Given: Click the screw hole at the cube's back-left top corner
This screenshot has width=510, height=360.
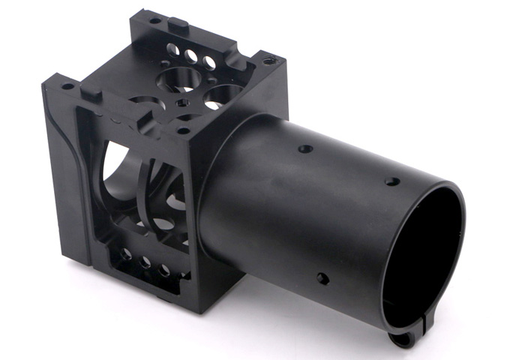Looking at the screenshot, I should (154, 20).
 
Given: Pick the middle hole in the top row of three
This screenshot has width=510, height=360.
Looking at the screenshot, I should (191, 55).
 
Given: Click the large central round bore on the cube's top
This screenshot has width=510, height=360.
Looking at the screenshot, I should (178, 79).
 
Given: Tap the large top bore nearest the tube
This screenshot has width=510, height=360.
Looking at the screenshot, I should (223, 95).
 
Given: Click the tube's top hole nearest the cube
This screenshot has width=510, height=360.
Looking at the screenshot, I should (304, 148).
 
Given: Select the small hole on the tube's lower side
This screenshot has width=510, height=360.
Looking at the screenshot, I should (322, 278).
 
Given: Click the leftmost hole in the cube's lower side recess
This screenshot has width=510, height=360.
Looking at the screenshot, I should (125, 254).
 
